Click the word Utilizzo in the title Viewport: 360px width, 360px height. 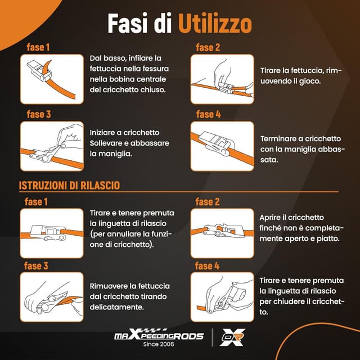[215, 24]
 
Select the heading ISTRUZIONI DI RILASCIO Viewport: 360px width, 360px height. [69, 185]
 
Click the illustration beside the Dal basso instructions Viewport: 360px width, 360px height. [52, 79]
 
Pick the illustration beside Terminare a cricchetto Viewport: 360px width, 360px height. [222, 146]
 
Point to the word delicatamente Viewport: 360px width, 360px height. [117, 307]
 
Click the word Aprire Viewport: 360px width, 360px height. [272, 217]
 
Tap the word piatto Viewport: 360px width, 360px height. [325, 238]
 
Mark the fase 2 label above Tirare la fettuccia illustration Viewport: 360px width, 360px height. [208, 48]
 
